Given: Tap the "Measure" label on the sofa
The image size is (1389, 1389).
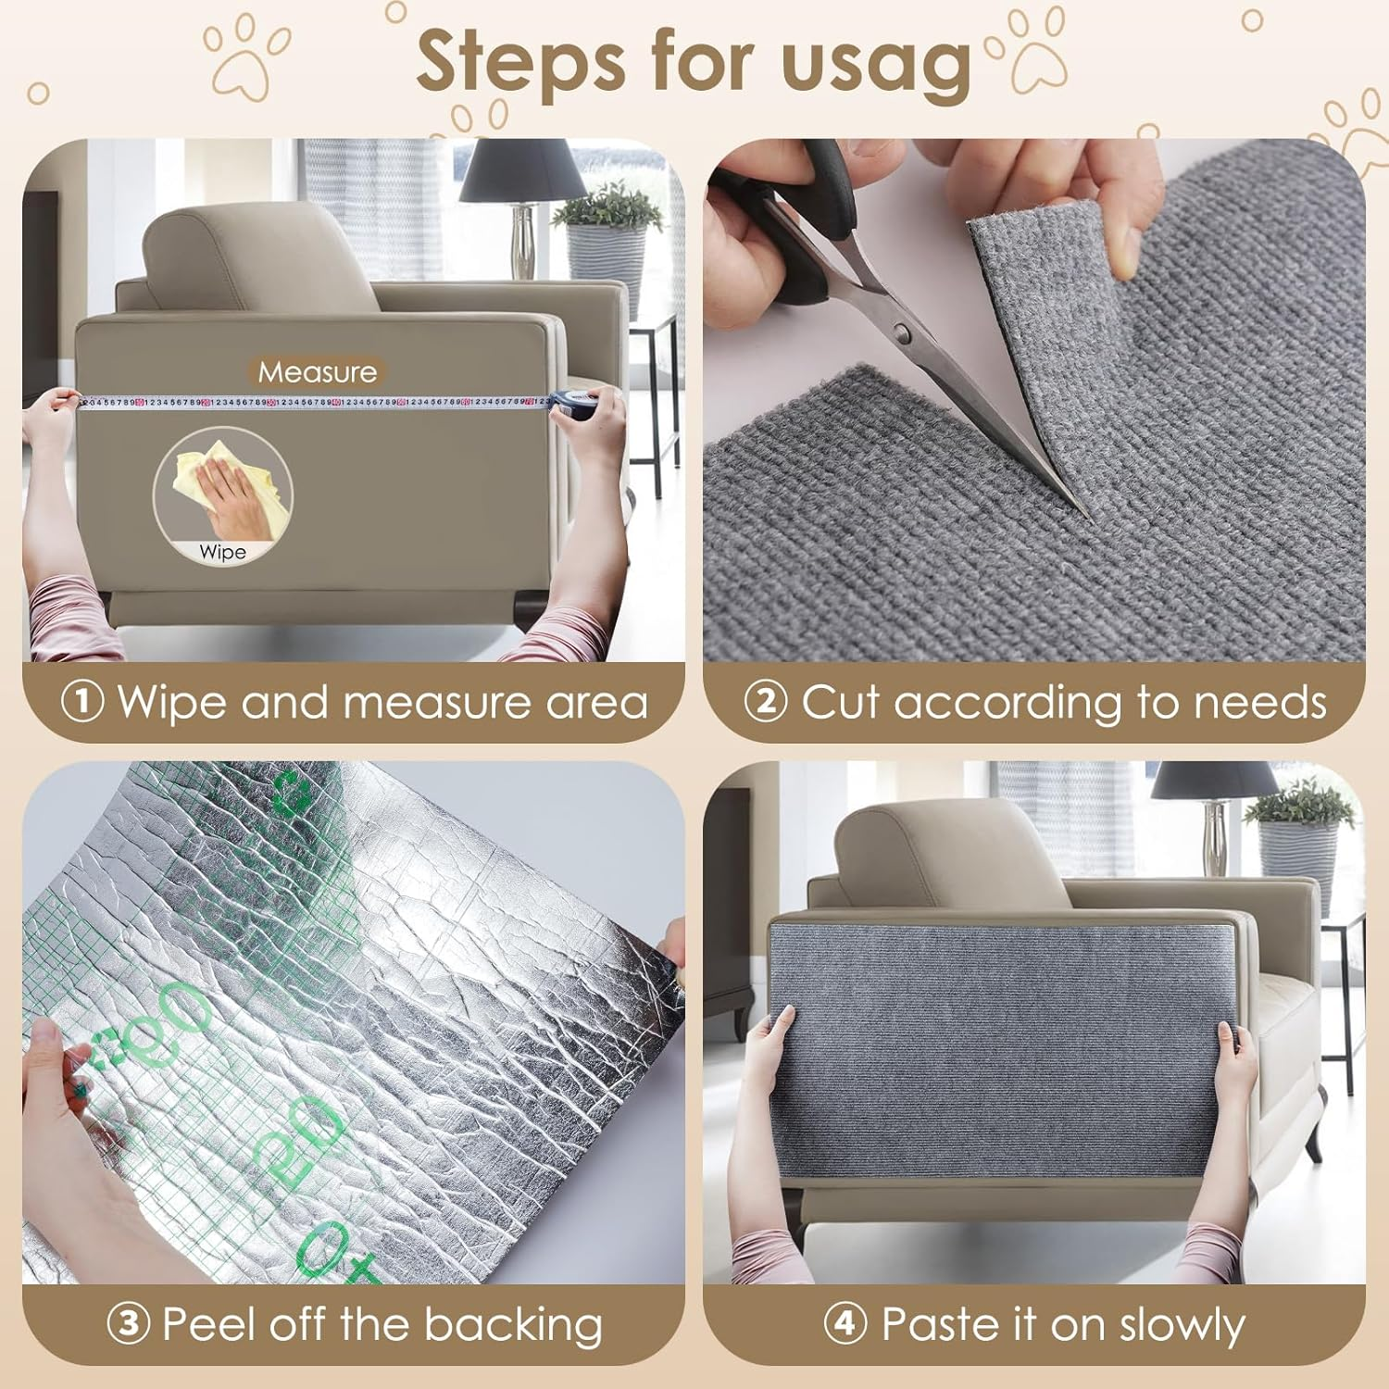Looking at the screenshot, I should click(318, 372).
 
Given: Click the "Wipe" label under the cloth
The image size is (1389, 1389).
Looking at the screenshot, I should click(222, 552).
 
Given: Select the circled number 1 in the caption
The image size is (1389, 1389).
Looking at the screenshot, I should click(82, 702).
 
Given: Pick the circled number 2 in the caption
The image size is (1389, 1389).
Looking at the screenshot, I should click(765, 702).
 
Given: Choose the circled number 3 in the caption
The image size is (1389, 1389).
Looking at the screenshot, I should click(128, 1324).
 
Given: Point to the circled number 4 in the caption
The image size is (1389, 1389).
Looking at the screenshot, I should click(845, 1324).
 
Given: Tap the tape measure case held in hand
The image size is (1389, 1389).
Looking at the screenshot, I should click(569, 404).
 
